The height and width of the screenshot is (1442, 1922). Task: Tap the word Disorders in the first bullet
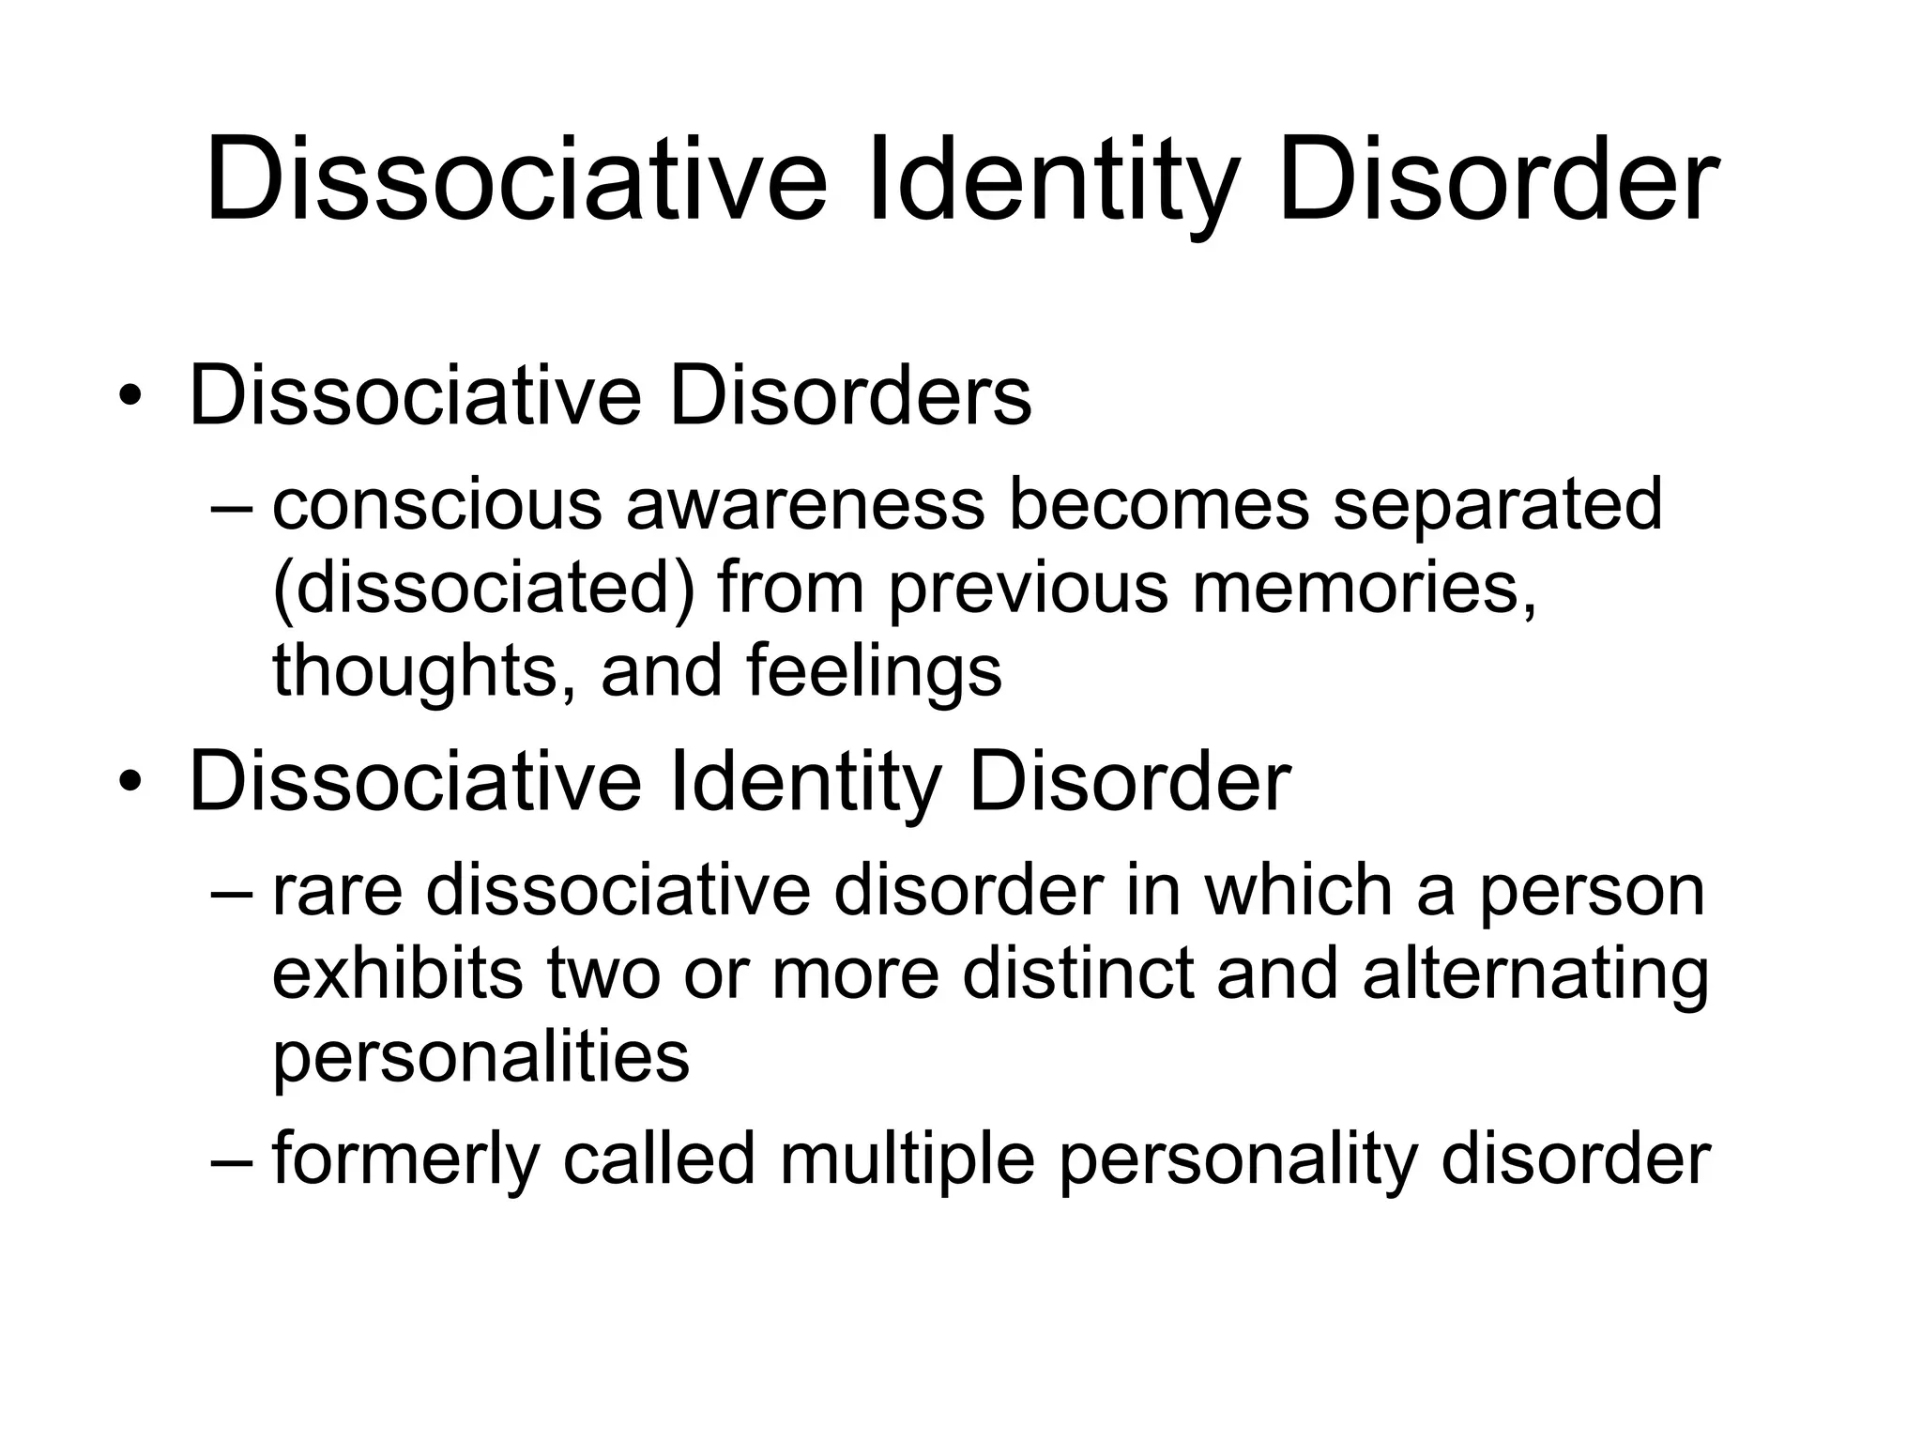point(849,396)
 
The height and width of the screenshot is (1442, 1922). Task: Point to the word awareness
point(805,504)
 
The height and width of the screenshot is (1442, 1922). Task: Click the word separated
point(1498,504)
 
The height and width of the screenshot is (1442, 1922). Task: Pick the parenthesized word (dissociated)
point(483,589)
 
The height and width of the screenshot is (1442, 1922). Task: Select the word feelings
point(875,673)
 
